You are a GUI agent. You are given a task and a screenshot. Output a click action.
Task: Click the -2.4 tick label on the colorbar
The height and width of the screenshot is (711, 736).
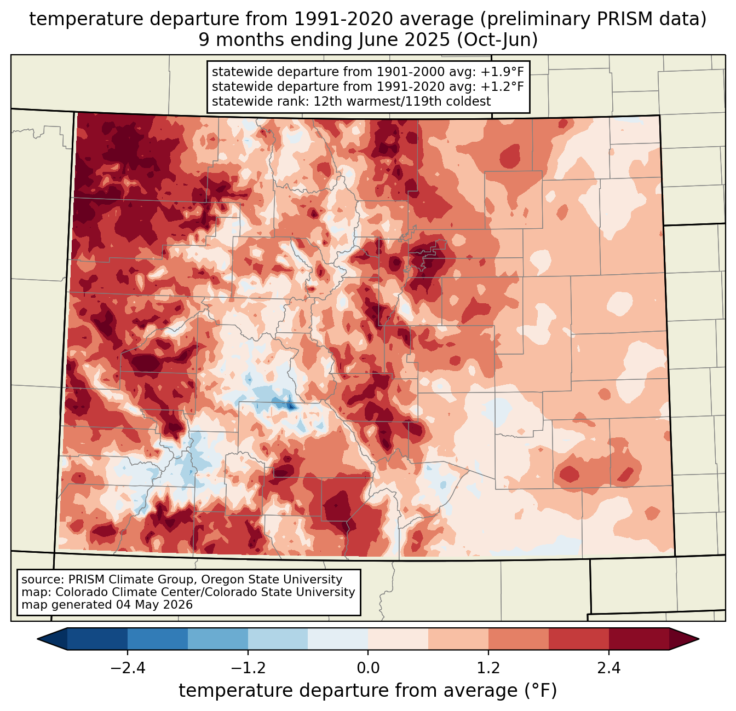[x=128, y=668]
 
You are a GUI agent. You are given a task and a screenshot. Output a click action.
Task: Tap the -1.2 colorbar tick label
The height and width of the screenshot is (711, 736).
[x=248, y=668]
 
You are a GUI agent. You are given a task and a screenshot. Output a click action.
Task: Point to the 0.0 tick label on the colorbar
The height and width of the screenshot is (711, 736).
[x=368, y=668]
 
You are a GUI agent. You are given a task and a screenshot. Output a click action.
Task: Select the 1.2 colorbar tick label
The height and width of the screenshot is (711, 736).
[x=488, y=668]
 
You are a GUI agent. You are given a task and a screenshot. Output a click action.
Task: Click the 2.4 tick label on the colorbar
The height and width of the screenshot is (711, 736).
[x=608, y=668]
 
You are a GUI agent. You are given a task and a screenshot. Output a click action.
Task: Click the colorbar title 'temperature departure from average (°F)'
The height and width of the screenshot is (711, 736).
[x=368, y=691]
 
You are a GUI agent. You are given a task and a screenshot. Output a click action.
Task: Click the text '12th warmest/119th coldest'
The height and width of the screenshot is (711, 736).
[x=402, y=101]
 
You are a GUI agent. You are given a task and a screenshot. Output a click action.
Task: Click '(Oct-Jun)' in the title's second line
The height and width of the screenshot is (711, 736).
[x=497, y=40]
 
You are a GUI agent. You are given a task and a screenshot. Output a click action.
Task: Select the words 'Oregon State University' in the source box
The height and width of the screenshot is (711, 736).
[x=272, y=580]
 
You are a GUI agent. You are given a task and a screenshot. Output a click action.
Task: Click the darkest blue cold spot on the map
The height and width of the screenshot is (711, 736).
[x=290, y=407]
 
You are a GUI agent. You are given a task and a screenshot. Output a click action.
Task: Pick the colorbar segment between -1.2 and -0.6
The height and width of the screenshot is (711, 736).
[x=278, y=639]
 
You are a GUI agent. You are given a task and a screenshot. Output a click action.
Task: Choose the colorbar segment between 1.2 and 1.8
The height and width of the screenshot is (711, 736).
[x=518, y=639]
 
